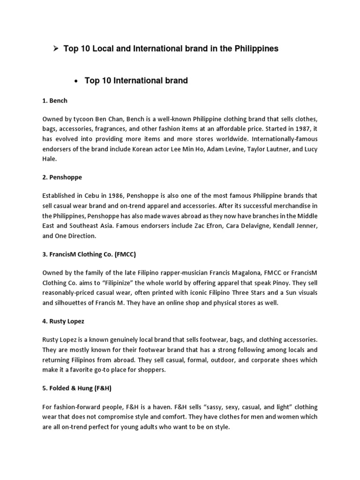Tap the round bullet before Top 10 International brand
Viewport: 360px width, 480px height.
[x=75, y=82]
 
